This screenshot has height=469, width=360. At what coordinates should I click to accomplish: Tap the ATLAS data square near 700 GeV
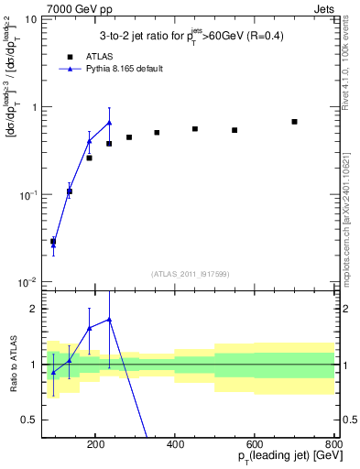point(294,122)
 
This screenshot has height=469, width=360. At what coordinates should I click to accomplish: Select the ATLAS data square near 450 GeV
point(195,129)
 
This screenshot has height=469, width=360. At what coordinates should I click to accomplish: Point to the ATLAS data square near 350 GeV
point(157,133)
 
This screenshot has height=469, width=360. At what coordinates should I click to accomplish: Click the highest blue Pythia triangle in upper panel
point(109,123)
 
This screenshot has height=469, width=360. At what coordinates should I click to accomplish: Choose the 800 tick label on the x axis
point(333,443)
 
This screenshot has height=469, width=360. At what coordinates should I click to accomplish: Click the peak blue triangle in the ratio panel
point(109,320)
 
